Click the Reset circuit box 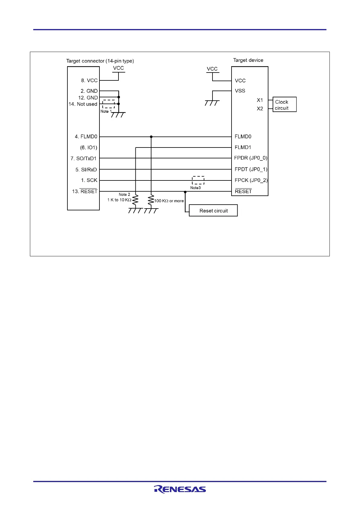point(213,211)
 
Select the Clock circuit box point(284,105)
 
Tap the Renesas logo point(180,489)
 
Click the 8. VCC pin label point(89,80)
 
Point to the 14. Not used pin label point(83,104)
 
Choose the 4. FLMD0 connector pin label point(86,137)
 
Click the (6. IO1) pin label point(89,148)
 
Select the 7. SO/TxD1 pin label point(83,158)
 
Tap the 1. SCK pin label point(89,180)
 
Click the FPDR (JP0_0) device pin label point(251,158)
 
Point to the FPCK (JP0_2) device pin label point(251,180)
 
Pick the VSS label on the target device point(240,91)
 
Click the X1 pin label point(260,100)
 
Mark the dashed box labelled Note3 point(198,180)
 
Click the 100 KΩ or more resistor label point(169,201)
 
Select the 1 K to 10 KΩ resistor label point(119,200)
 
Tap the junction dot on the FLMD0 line point(151,137)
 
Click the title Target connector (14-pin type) point(100,61)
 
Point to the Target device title point(248,60)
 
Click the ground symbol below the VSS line point(212,103)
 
